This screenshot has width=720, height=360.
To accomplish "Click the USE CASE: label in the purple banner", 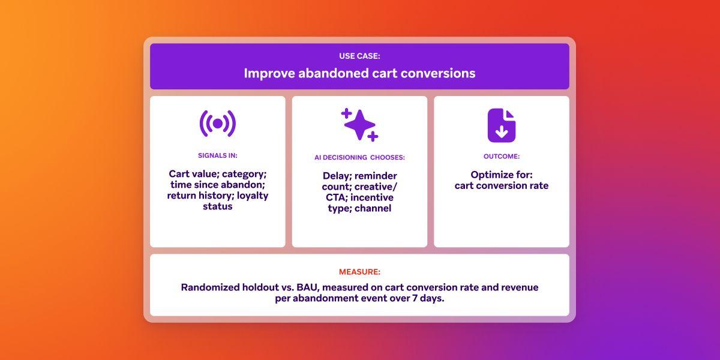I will click(359, 56).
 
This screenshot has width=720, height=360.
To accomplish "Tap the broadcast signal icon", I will click(217, 124).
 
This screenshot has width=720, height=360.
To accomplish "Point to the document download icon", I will click(501, 125).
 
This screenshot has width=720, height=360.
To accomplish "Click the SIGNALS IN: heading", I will click(217, 155).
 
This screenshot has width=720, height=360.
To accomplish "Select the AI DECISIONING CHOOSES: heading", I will click(359, 157).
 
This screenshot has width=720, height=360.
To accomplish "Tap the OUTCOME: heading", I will click(501, 156).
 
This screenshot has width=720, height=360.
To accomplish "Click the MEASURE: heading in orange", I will click(359, 272).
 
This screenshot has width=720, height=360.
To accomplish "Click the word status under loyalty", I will click(217, 206).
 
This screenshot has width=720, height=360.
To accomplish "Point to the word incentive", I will click(372, 197).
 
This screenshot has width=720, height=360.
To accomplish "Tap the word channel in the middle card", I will click(373, 208).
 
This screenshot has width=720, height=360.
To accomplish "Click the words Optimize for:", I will click(501, 175).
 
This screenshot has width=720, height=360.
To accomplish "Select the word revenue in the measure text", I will click(518, 287).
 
